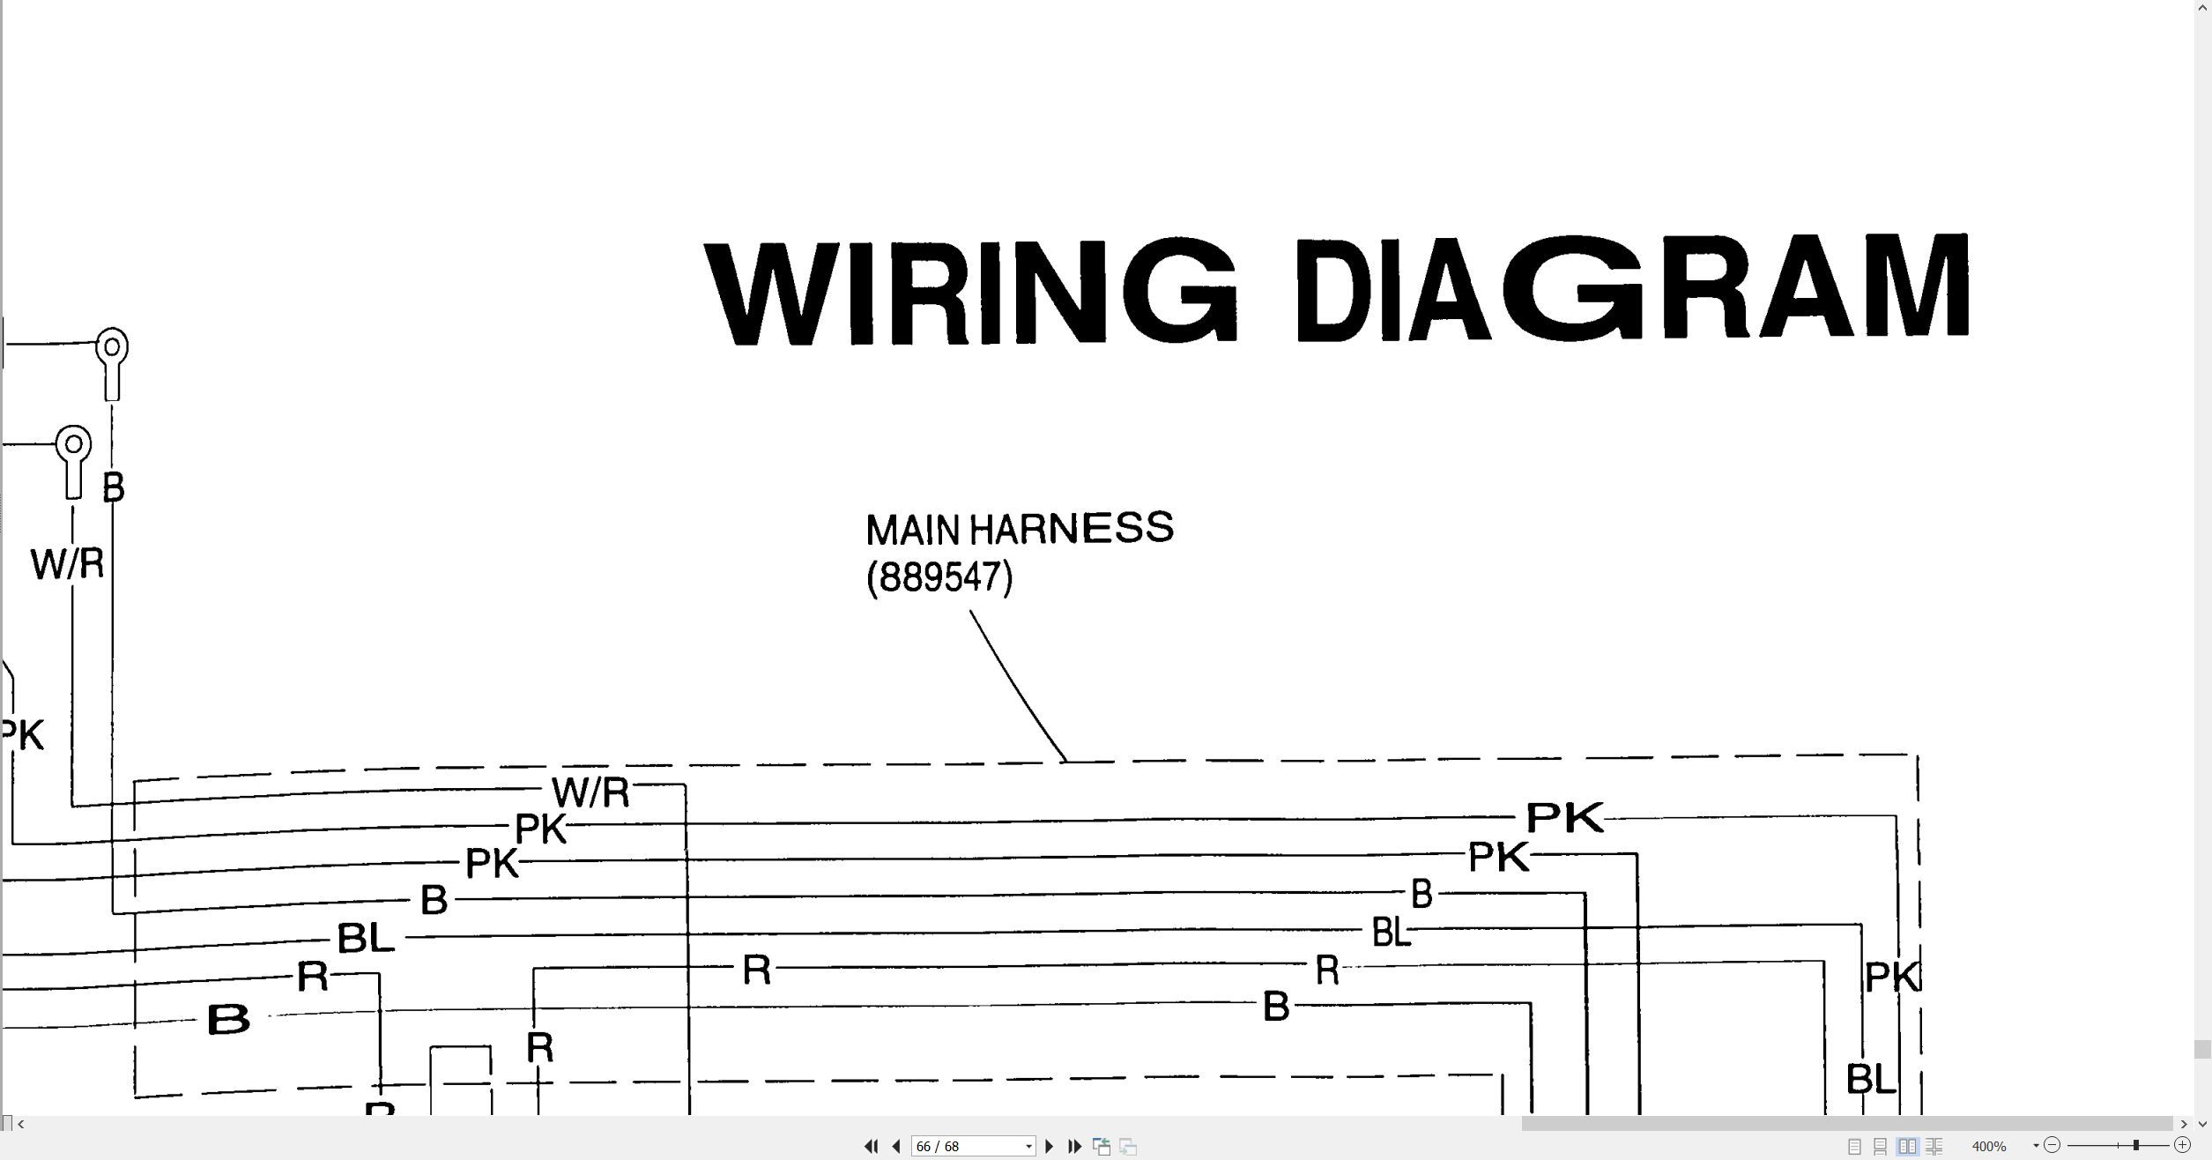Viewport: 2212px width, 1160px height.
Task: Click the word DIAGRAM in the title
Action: [x=1632, y=287]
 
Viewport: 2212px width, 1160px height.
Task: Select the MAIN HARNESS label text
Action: [x=1020, y=529]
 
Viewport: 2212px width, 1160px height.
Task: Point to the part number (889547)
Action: [x=939, y=578]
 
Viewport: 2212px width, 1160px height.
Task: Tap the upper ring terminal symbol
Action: [x=112, y=363]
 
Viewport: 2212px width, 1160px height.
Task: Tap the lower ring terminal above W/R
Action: [x=73, y=461]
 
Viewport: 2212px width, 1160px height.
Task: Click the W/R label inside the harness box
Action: [x=590, y=792]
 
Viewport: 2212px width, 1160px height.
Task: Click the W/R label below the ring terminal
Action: [x=67, y=564]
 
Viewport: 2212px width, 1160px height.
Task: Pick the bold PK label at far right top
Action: [x=1565, y=817]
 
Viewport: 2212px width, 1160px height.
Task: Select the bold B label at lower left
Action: [x=228, y=1020]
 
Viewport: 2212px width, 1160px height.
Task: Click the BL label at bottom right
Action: [x=1870, y=1078]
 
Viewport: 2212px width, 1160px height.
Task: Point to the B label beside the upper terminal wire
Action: [x=114, y=487]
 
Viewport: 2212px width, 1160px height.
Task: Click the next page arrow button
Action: [x=1049, y=1146]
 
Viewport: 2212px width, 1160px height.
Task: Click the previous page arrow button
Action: [x=896, y=1146]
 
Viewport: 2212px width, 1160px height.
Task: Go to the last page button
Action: [x=1074, y=1146]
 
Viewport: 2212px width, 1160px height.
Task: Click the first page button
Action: [x=871, y=1146]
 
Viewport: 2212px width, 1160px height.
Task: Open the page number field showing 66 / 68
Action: [x=973, y=1146]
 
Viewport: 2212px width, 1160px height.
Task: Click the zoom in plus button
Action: [x=2182, y=1145]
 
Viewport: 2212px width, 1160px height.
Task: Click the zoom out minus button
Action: [x=2052, y=1145]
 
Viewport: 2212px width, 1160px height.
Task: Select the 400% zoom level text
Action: [x=1989, y=1146]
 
